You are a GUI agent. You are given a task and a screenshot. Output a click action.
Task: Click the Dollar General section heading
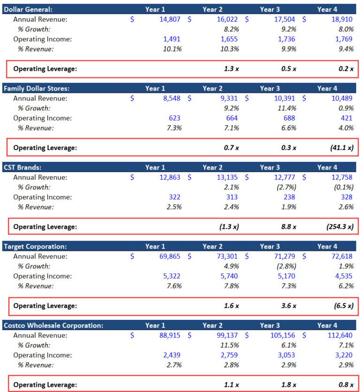coord(28,9)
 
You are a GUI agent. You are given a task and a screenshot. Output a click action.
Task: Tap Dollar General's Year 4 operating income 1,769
coord(344,39)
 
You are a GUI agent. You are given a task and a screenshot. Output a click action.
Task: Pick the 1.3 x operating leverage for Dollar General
coord(232,68)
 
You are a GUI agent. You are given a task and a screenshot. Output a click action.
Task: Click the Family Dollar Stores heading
coord(37,88)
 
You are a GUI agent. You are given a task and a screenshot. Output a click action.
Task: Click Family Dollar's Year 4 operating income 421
coord(347,118)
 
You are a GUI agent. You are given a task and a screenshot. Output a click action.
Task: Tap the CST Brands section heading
coord(22,167)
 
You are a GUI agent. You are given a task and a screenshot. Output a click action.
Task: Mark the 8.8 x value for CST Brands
coord(289,226)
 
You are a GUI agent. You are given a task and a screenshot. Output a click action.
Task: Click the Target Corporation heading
coord(35,246)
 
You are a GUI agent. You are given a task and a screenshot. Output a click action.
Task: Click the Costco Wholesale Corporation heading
coord(53,325)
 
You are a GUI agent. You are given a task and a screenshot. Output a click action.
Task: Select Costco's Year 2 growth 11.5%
coord(229,345)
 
